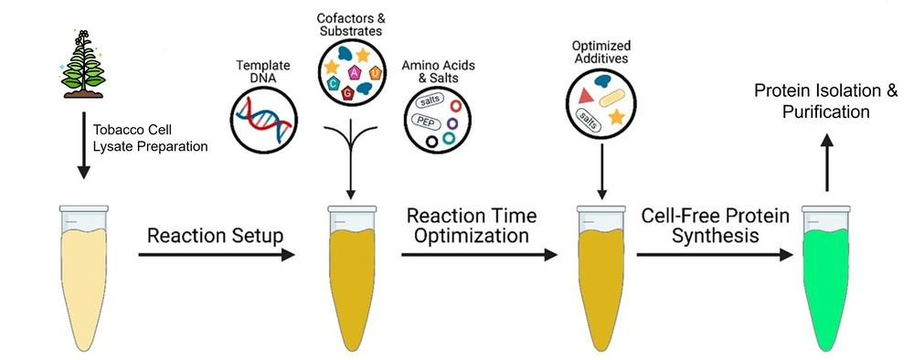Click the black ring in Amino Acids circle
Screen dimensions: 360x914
point(430,142)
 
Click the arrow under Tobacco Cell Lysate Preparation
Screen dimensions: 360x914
point(83,146)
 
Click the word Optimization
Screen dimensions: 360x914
point(469,235)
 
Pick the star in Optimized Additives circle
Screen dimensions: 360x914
point(617,116)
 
